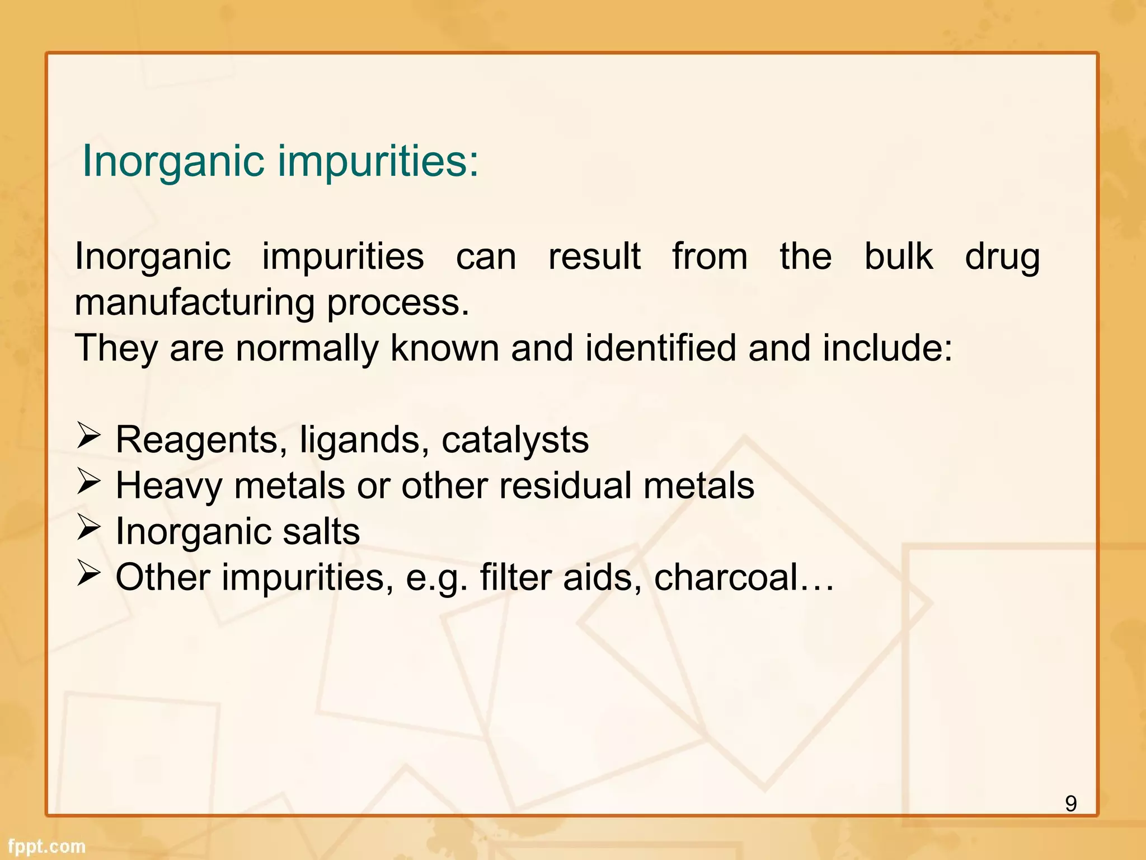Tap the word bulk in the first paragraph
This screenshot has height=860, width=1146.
tap(899, 257)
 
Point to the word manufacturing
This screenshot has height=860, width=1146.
tap(195, 303)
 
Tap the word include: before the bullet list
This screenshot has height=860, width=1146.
tap(887, 348)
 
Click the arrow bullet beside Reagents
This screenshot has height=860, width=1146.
tap(88, 436)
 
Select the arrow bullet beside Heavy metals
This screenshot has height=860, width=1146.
tap(88, 482)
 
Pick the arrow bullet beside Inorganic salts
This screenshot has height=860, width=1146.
tap(88, 527)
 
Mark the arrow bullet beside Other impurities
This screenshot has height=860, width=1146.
tap(88, 573)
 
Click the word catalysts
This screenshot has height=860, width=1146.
tap(515, 440)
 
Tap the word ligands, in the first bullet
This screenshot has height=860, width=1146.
tap(360, 440)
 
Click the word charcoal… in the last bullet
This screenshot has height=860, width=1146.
tap(744, 577)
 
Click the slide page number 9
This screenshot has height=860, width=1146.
tap(1070, 803)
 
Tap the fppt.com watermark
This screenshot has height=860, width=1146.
tap(46, 846)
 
